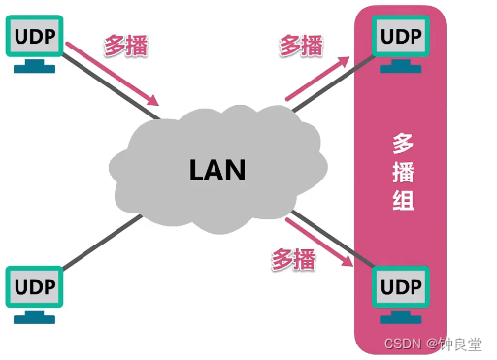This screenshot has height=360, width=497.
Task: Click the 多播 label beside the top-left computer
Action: tap(125, 44)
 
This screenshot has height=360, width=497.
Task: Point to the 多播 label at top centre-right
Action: tap(302, 45)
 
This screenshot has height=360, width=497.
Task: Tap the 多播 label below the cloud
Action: tap(292, 258)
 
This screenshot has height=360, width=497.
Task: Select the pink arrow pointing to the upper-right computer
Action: tap(317, 79)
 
